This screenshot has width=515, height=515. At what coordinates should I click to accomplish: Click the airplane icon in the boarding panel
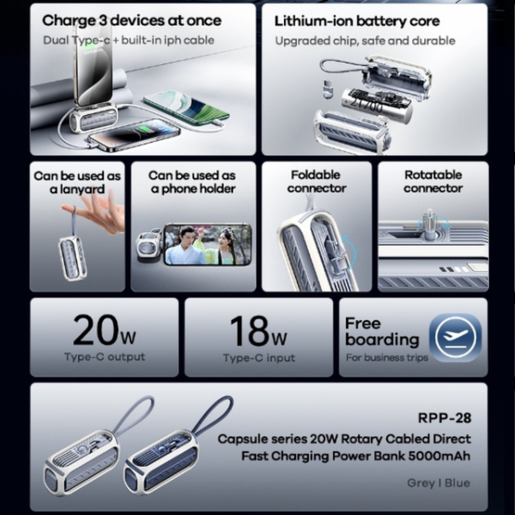[x=455, y=337]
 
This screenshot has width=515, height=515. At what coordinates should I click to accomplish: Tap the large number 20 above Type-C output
[x=95, y=330]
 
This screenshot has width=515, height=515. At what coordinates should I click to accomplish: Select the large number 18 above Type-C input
[x=248, y=330]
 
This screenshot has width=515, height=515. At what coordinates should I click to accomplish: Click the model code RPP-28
[x=445, y=418]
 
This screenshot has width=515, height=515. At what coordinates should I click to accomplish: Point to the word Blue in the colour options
[x=457, y=482]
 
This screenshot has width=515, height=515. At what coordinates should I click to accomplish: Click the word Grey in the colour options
[x=421, y=482]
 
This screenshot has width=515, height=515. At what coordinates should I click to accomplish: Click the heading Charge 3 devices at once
[x=131, y=21]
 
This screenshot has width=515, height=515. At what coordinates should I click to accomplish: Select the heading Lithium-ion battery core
[x=357, y=21]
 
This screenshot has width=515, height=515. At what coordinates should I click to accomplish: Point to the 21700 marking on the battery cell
[x=367, y=104]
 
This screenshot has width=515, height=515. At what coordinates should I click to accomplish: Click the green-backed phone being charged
[x=186, y=107]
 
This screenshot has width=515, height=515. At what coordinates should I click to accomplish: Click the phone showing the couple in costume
[x=208, y=244]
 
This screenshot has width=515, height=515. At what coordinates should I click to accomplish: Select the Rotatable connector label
[x=433, y=182]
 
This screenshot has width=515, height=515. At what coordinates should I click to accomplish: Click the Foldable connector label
[x=317, y=182]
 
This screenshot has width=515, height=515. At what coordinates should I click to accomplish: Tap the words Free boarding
[x=382, y=331]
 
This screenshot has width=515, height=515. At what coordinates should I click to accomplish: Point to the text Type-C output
[x=105, y=357]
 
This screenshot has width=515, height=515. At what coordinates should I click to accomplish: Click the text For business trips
[x=387, y=357]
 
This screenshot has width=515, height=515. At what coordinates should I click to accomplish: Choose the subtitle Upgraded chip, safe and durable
[x=366, y=40]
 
